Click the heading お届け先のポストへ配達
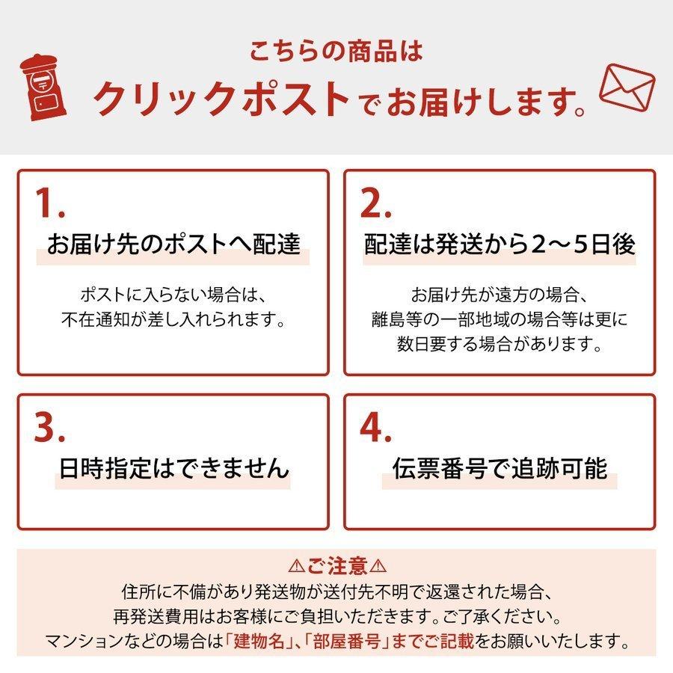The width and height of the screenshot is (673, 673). (173, 245)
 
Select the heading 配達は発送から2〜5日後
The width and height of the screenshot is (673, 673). (500, 245)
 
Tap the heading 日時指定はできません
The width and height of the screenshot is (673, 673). (173, 469)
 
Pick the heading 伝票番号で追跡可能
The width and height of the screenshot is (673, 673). (500, 469)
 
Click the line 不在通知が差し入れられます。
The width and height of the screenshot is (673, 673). (173, 319)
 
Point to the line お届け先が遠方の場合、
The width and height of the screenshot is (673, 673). (500, 293)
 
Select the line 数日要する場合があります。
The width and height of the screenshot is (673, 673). (500, 345)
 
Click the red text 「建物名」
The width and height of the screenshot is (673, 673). (264, 641)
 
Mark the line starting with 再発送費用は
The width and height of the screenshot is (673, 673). (336, 616)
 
